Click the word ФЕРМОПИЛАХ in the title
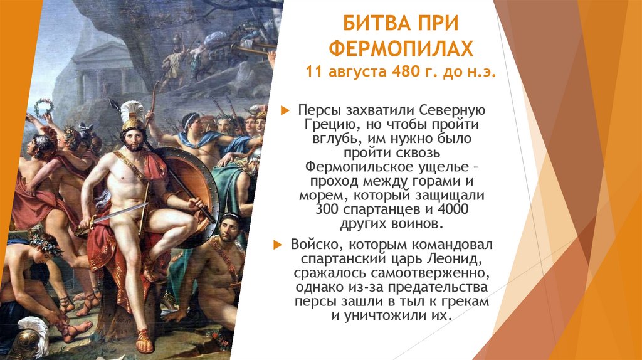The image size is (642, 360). click(401, 48)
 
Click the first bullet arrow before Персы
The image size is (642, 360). click(285, 110)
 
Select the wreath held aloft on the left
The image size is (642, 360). click(43, 106)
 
